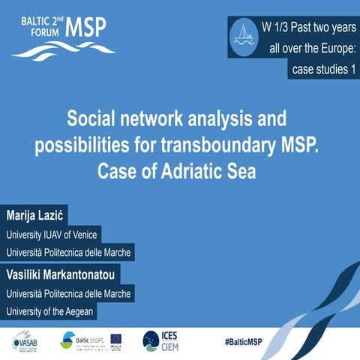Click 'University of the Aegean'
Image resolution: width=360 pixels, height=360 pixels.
coord(54,311)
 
